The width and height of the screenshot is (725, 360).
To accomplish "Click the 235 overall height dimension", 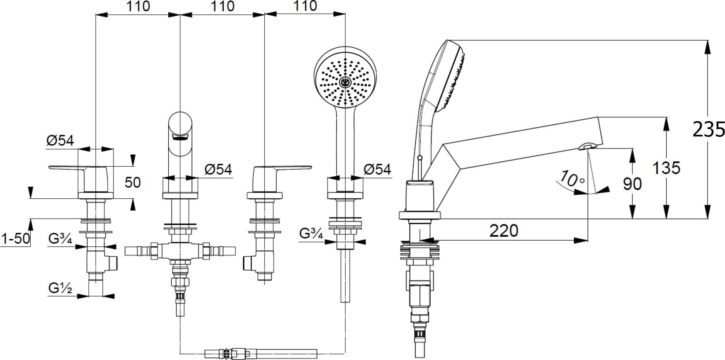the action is pos(709,129).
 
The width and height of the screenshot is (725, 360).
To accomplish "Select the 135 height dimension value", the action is pos(666,168).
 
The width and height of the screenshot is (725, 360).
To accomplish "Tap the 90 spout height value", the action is pos(632,183).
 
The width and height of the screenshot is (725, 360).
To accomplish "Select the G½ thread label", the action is pos(60,287).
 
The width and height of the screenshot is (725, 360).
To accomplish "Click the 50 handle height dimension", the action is pos(133,182).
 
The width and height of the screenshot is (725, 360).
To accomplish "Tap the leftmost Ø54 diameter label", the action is pos(60,141).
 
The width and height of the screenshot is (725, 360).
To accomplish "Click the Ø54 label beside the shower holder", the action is pos(377,169).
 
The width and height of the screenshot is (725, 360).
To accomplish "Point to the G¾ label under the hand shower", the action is pos(311,234).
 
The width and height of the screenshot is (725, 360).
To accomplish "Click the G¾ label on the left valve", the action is pos(60,239).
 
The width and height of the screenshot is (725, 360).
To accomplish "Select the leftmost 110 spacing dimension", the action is pos(138,6).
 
